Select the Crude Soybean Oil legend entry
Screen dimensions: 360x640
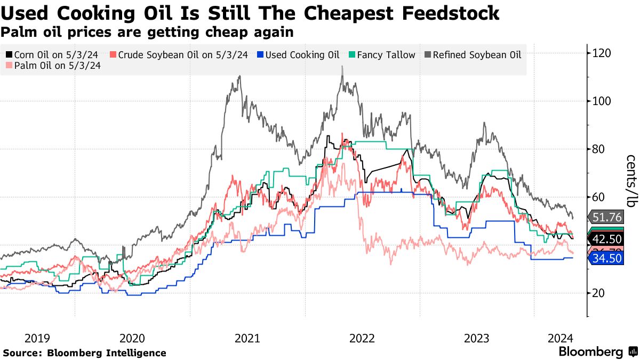pyautogui.click(x=179, y=55)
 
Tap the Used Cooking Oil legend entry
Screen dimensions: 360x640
pyautogui.click(x=299, y=55)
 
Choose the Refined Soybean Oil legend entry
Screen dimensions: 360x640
pyautogui.click(x=473, y=55)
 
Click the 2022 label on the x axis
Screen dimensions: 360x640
pyautogui.click(x=362, y=338)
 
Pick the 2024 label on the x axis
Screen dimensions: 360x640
pyautogui.click(x=561, y=338)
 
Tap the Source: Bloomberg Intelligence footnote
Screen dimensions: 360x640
pyautogui.click(x=85, y=353)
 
